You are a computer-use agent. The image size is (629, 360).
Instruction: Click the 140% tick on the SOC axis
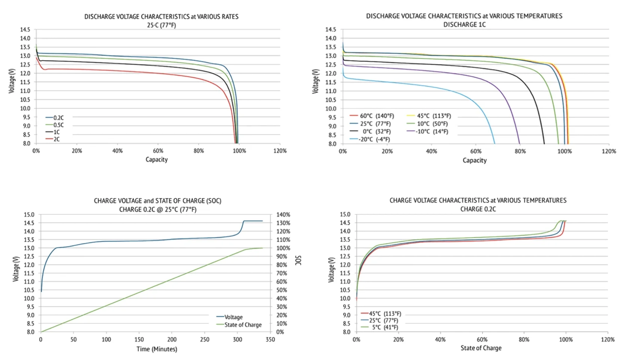(x=283, y=215)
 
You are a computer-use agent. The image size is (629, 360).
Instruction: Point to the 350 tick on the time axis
(x=270, y=339)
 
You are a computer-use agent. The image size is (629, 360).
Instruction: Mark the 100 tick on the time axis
(x=106, y=339)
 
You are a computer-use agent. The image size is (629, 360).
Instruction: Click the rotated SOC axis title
(x=298, y=260)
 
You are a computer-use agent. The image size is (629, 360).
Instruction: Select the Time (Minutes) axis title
(x=157, y=349)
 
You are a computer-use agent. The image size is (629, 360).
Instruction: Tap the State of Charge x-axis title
(x=481, y=348)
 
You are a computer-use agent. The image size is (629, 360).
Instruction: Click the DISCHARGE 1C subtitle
(x=464, y=25)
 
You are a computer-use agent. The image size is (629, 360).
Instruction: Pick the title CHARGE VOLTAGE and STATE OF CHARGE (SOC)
(x=157, y=201)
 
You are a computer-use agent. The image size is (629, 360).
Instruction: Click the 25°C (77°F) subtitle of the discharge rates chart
(x=161, y=25)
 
